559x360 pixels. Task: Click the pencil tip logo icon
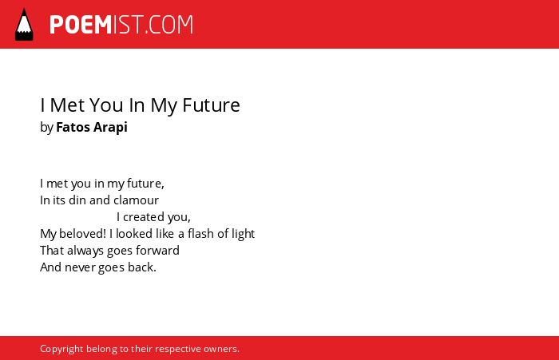24,25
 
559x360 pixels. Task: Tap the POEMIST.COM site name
121,25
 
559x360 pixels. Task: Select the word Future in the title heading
211,105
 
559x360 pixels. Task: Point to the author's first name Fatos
73,127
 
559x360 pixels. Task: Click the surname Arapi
110,128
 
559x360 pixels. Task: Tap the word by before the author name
46,128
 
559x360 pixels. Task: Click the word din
77,200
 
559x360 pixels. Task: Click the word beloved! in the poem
82,234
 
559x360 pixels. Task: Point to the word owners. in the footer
221,349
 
